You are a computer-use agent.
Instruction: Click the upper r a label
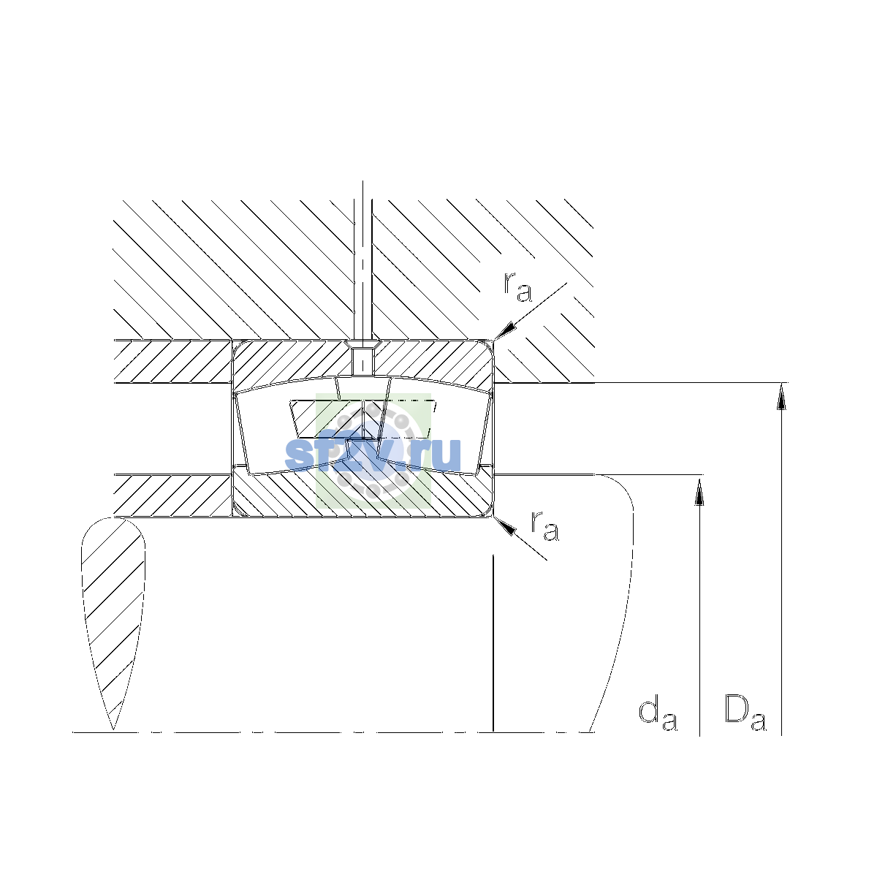(x=517, y=288)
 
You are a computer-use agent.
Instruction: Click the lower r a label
(x=544, y=526)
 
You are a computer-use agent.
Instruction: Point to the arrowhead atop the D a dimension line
(x=781, y=396)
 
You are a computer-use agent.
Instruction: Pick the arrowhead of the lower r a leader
(x=505, y=526)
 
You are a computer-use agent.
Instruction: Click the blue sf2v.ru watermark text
(x=373, y=455)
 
